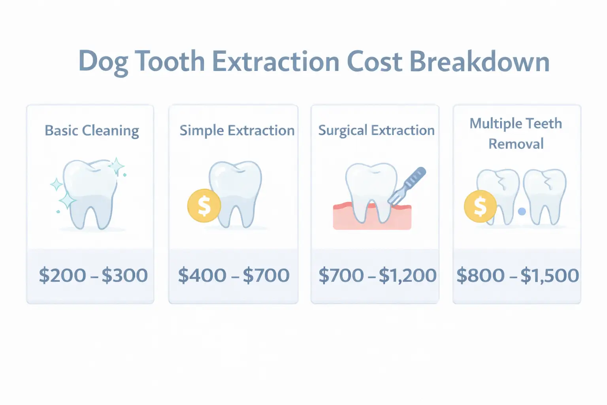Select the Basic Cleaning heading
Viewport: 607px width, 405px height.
[x=92, y=131]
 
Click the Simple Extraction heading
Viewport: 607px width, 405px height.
[x=237, y=131]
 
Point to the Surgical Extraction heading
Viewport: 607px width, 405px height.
[x=376, y=131]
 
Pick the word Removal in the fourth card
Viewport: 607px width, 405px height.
[x=516, y=144]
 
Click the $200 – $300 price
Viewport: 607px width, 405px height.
[x=93, y=275]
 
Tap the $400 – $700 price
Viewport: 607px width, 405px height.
[x=234, y=275]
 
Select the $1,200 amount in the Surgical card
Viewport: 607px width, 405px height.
[x=407, y=275]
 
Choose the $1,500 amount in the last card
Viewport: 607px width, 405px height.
[x=549, y=275]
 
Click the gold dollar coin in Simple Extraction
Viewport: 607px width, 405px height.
[x=204, y=206]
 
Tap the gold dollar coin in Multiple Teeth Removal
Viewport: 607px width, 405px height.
[x=480, y=206]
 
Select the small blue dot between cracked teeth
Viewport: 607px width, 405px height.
[x=522, y=211]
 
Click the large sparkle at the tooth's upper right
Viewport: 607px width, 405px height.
[x=116, y=166]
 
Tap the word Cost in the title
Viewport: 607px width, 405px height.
[x=374, y=62]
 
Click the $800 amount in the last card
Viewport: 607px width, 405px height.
[x=480, y=275]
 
